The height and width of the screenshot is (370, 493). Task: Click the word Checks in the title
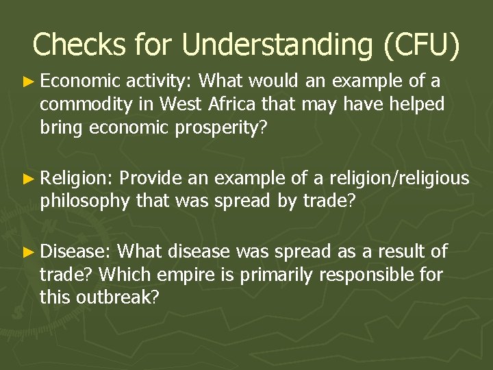pyautogui.click(x=79, y=45)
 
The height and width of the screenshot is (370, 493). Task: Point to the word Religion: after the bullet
pyautogui.click(x=76, y=180)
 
